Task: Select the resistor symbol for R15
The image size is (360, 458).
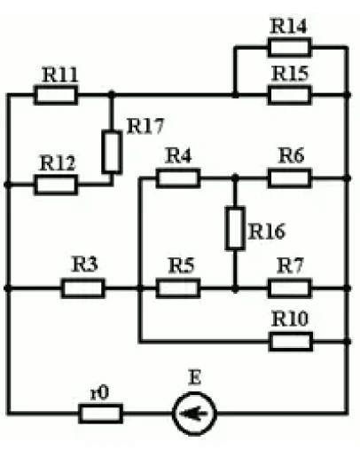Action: pos(288,94)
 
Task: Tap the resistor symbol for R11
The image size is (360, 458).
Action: pos(56,94)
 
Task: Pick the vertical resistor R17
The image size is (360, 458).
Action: pos(111,152)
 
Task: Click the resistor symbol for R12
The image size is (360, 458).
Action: pos(56,185)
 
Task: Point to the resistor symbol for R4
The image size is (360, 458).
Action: pos(178,178)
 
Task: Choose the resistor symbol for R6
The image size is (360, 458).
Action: pos(289,178)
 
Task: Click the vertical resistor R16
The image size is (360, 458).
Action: pos(235,228)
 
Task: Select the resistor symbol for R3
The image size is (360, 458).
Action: pos(83,288)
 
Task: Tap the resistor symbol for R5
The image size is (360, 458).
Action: pos(178,288)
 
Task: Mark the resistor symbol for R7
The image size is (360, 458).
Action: pos(289,288)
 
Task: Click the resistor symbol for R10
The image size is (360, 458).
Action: pos(289,341)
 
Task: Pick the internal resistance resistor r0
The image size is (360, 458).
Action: pos(101,414)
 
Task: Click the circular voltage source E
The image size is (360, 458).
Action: pos(193,414)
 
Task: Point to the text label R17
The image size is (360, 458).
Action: pos(145,126)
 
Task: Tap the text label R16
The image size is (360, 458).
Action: pos(266,232)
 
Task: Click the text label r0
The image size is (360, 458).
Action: pos(101,391)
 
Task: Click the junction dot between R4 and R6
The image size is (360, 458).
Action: pos(235,178)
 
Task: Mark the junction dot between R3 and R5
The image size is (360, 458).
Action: pos(139,288)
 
